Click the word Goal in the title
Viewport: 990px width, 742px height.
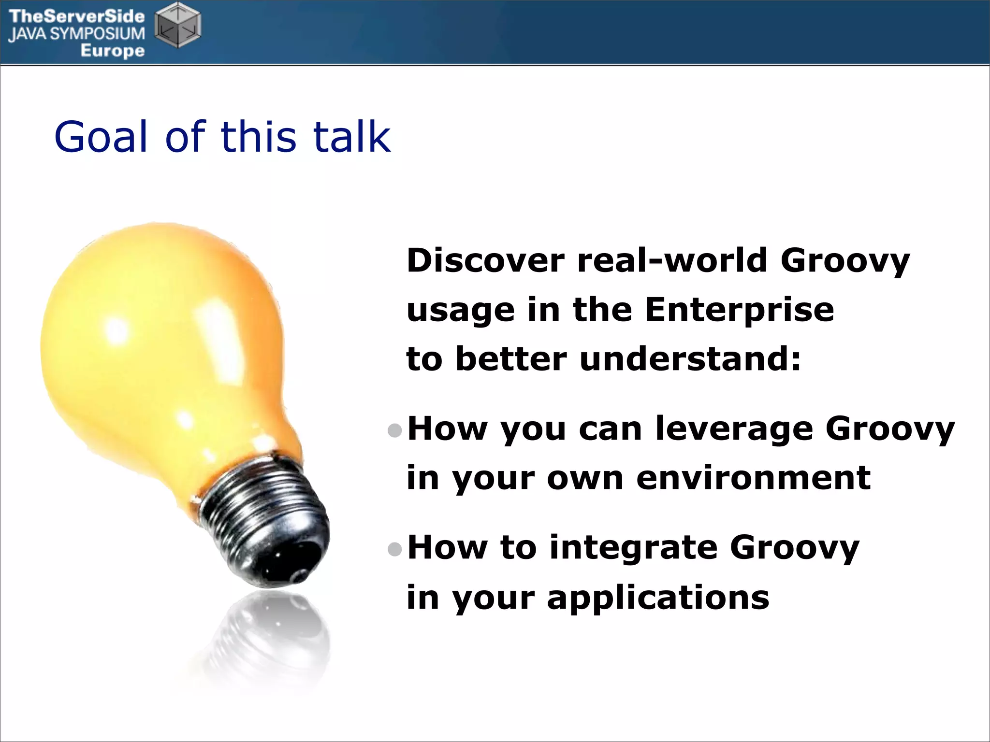click(101, 137)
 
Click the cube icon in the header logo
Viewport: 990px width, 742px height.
click(177, 25)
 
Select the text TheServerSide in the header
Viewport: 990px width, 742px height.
click(77, 16)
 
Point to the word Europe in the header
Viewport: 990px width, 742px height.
click(112, 50)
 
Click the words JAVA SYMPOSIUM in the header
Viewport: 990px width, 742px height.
click(77, 34)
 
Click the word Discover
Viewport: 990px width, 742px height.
click(485, 261)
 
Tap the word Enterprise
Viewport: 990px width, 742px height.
click(739, 310)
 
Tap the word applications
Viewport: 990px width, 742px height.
click(657, 598)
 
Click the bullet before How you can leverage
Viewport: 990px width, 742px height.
click(395, 430)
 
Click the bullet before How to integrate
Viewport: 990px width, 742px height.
click(395, 549)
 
